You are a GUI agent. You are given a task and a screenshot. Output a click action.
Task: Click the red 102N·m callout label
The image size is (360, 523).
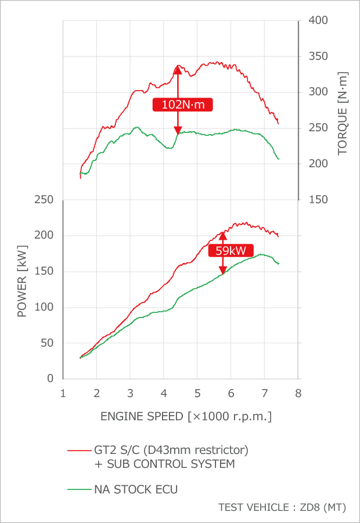(x=182, y=104)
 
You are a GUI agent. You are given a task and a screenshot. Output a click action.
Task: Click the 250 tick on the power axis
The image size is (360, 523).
(x=45, y=200)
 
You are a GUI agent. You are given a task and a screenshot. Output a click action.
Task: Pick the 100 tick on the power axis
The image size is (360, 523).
(x=45, y=307)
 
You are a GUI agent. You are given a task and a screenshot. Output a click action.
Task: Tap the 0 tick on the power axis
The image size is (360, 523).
(x=50, y=378)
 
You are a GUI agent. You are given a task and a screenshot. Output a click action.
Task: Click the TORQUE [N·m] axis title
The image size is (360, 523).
(x=343, y=114)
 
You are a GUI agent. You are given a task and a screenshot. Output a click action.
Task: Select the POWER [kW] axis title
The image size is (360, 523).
(x=22, y=288)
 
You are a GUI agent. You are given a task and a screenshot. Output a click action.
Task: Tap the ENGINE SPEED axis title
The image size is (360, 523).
(x=186, y=416)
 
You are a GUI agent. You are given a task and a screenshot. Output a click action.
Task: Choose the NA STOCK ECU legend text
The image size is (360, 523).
(x=136, y=489)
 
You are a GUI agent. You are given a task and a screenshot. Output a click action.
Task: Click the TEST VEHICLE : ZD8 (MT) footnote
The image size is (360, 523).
(x=282, y=507)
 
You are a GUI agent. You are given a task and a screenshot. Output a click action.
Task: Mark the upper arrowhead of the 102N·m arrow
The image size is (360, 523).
(x=178, y=70)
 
